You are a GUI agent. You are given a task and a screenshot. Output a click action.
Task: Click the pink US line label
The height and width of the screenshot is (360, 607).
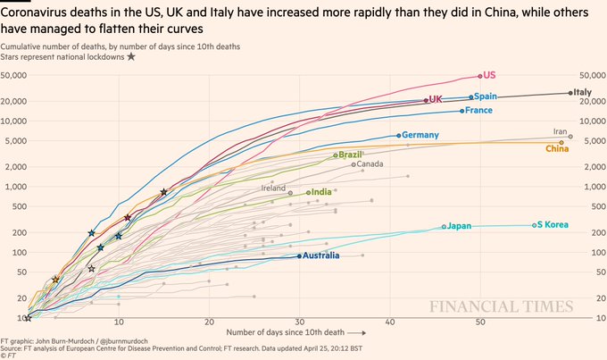[x=490, y=76]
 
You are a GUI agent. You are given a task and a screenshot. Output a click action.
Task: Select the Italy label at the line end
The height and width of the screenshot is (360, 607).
[x=582, y=92]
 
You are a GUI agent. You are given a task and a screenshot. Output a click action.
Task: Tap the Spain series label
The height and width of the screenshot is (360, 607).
[x=486, y=96]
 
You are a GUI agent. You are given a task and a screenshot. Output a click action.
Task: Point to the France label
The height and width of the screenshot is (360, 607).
[x=479, y=111]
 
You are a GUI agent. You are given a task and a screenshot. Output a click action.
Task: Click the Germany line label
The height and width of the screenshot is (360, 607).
[x=421, y=135]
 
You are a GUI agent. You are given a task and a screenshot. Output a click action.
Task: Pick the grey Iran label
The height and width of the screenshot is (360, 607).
[x=561, y=131]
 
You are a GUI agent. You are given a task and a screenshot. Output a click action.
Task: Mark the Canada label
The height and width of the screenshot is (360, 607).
[x=370, y=163]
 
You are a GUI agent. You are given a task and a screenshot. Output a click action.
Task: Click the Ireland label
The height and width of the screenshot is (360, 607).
[x=273, y=188]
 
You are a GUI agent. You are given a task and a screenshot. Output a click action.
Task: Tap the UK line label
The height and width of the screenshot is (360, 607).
[x=436, y=99]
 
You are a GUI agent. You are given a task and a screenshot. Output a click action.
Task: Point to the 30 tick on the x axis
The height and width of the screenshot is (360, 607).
[x=299, y=322]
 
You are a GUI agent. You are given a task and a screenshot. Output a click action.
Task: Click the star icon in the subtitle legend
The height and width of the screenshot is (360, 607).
[x=131, y=56]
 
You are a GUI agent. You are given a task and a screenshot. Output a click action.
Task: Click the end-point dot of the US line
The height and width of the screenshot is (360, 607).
[x=480, y=76]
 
